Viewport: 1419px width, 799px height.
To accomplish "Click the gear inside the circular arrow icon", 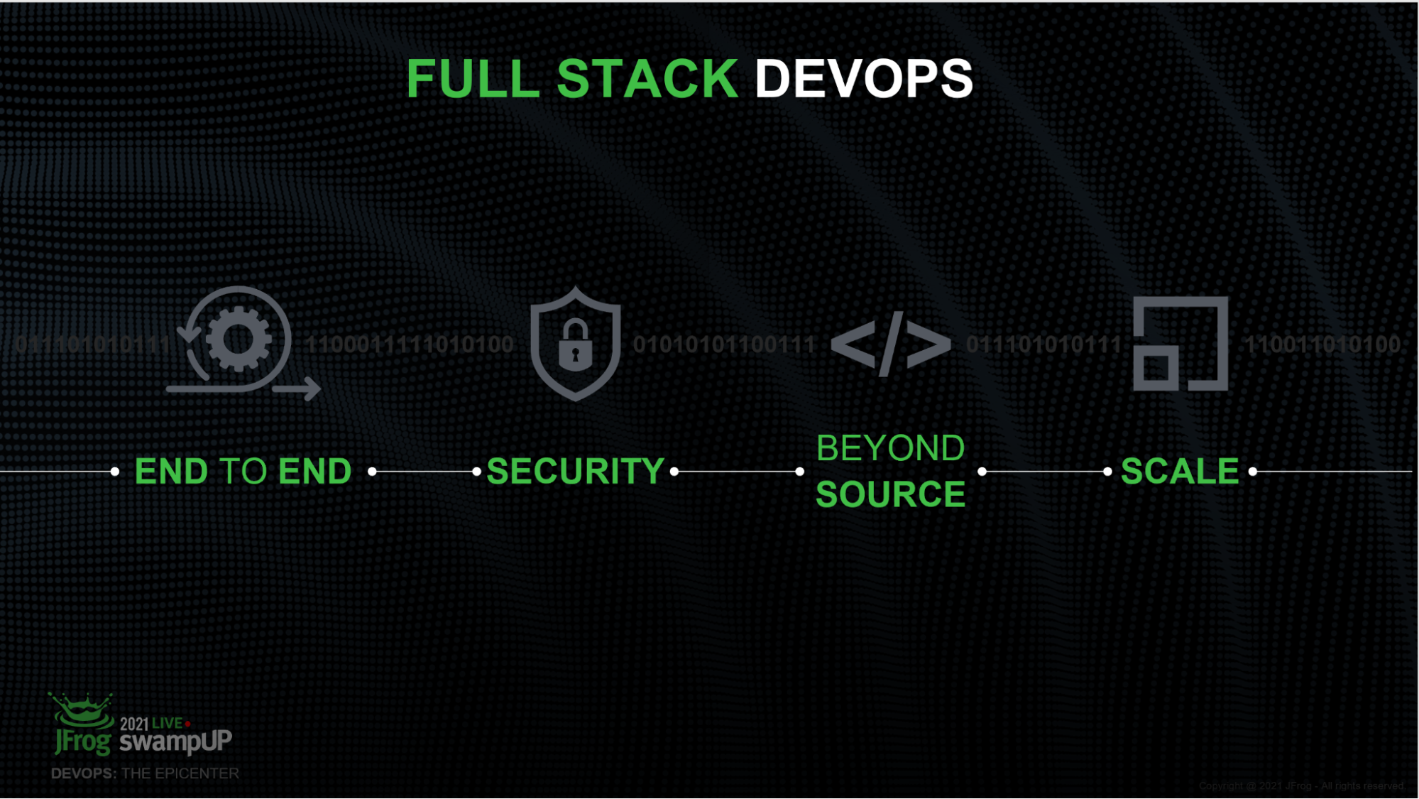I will [239, 339].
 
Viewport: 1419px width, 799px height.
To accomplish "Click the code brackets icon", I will [890, 344].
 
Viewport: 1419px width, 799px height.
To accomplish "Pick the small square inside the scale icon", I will [1156, 367].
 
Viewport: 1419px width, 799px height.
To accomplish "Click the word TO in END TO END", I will [243, 472].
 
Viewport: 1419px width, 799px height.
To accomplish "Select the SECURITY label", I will [575, 472].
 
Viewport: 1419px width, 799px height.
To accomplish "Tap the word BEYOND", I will [890, 448].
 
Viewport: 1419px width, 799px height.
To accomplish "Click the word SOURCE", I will [890, 494].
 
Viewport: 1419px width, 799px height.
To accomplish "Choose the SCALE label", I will [1179, 472].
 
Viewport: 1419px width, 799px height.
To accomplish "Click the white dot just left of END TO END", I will [115, 472].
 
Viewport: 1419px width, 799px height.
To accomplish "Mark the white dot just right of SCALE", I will [1253, 472].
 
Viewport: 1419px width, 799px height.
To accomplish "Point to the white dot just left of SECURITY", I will [477, 472].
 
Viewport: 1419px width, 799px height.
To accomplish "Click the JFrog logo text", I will [83, 742].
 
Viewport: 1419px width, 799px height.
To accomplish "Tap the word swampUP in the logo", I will [175, 741].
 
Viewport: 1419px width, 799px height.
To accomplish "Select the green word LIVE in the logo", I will [168, 723].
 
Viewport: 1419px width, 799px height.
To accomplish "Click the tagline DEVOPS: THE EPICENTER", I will [145, 773].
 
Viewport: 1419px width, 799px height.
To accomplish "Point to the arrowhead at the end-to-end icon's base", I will [312, 388].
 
